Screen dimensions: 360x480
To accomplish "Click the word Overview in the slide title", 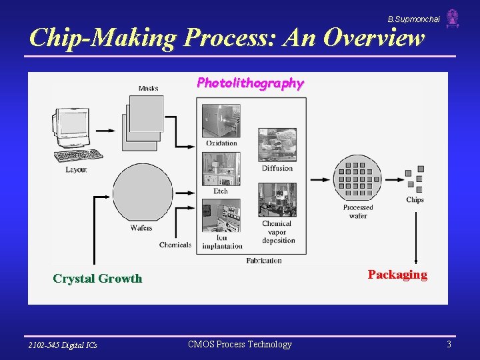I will click(x=374, y=38).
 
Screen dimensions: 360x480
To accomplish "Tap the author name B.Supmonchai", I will click(x=413, y=19).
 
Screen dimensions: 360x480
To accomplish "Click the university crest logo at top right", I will click(x=453, y=18).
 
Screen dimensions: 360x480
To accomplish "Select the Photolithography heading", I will click(x=250, y=83).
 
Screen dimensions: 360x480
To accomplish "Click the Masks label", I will click(x=148, y=88).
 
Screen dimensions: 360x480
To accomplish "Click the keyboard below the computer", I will click(x=79, y=155).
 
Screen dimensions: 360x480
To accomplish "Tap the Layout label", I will click(x=76, y=170).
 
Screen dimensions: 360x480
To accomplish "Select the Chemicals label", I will click(x=175, y=245).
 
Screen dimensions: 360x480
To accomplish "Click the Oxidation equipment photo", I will click(x=221, y=120).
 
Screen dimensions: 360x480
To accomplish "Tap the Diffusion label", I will click(x=277, y=169).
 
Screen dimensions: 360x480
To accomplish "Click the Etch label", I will click(x=221, y=191).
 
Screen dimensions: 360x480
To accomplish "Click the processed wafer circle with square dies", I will click(x=358, y=178).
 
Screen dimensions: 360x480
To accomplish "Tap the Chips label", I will click(x=415, y=200).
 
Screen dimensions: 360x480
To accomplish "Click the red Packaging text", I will click(x=397, y=275).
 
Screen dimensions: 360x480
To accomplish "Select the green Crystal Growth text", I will click(x=97, y=279).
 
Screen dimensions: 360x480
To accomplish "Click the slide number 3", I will click(x=449, y=345).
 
